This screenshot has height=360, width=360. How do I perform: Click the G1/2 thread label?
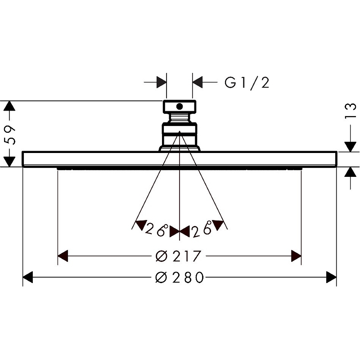tap(247, 83)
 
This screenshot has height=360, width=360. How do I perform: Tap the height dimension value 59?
tap(10, 135)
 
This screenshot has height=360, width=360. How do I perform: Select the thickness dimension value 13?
tap(350, 111)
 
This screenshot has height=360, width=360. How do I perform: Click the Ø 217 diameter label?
tap(178, 256)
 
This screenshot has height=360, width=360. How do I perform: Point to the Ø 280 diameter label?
tap(180, 277)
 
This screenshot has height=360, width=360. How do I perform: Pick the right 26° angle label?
tap(202, 229)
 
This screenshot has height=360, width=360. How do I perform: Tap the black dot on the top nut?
tap(180, 106)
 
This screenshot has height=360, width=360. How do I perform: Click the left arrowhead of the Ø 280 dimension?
tap(28, 277)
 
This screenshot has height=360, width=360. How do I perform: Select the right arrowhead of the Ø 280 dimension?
tap(331, 277)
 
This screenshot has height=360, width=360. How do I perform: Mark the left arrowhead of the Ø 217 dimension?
tap(63, 256)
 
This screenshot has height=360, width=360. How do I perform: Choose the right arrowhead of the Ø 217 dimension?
tap(296, 256)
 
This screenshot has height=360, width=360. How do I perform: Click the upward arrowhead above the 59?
tap(9, 106)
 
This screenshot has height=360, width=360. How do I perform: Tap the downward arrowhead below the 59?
tap(9, 162)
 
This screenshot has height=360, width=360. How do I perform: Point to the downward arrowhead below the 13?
tap(351, 147)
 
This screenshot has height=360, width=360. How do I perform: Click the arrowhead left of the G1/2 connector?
tap(162, 82)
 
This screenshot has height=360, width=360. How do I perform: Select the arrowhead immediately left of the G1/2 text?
tap(198, 82)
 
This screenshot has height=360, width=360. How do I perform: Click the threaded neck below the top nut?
tap(180, 118)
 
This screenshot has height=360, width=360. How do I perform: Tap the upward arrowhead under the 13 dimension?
tap(351, 172)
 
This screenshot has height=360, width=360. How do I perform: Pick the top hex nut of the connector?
tap(180, 107)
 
